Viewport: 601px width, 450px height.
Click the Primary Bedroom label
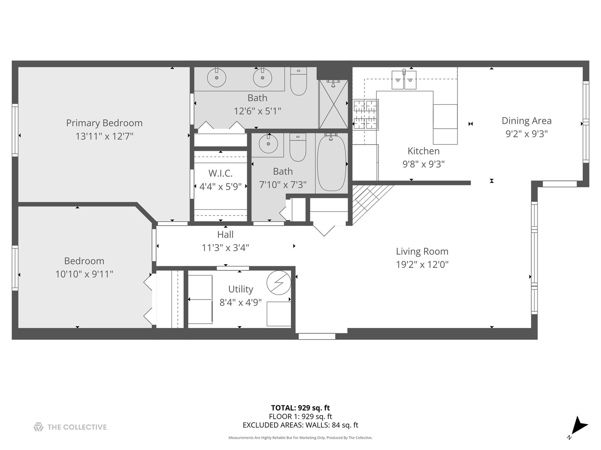[104, 123]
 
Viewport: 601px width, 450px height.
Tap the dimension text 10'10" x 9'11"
[84, 274]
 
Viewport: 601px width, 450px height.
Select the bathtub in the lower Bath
[331, 164]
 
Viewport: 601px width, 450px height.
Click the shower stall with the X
[333, 104]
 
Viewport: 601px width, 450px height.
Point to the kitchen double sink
[404, 80]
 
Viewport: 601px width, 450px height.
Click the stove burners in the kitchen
[366, 115]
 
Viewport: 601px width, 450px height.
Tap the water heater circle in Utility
[279, 283]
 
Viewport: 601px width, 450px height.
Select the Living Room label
[422, 251]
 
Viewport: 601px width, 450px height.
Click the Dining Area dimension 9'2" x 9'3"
[526, 134]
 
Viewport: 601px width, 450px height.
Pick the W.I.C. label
[220, 173]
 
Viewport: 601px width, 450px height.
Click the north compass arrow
[578, 426]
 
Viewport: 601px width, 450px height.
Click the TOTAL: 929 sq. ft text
[300, 408]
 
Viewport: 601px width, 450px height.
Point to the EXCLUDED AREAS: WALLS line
[300, 425]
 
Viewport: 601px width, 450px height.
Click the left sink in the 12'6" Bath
[217, 78]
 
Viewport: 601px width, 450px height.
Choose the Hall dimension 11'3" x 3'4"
[225, 248]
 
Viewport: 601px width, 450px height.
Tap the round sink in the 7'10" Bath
[268, 144]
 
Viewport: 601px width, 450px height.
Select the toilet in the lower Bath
[298, 147]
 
